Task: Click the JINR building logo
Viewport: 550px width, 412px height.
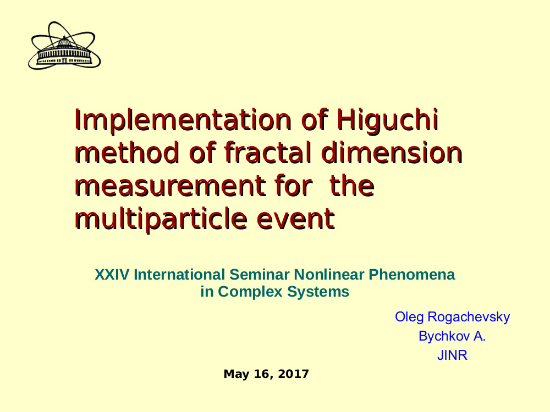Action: (64, 46)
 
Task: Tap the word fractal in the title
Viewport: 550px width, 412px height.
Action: (268, 153)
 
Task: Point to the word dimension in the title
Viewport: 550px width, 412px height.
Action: (392, 153)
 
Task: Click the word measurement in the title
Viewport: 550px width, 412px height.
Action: (169, 186)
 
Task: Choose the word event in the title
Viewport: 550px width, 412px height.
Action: (296, 219)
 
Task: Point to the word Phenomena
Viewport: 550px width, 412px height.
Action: (412, 275)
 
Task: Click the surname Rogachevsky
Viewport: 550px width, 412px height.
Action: (469, 317)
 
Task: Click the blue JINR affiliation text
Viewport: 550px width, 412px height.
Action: (452, 355)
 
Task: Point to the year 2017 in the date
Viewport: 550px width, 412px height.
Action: (293, 374)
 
